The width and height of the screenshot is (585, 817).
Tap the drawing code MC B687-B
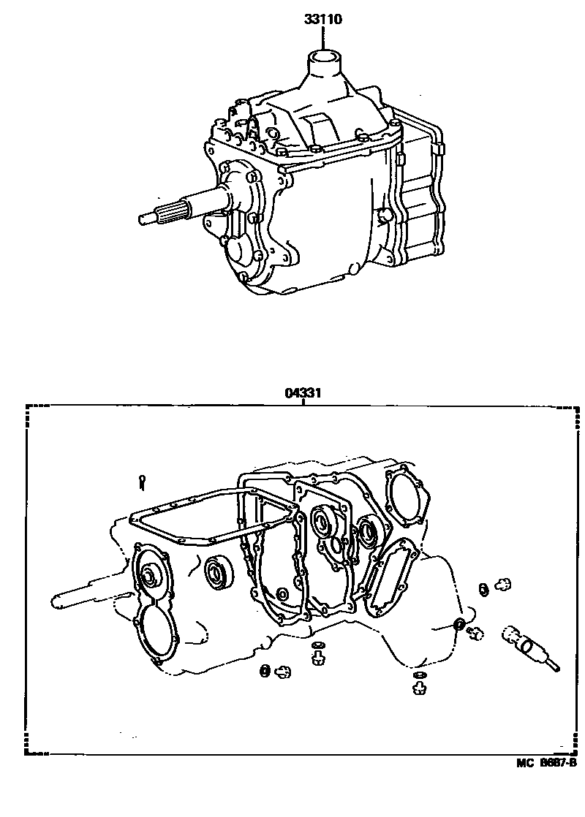click(x=547, y=763)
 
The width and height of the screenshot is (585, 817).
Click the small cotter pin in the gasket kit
click(x=143, y=482)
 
